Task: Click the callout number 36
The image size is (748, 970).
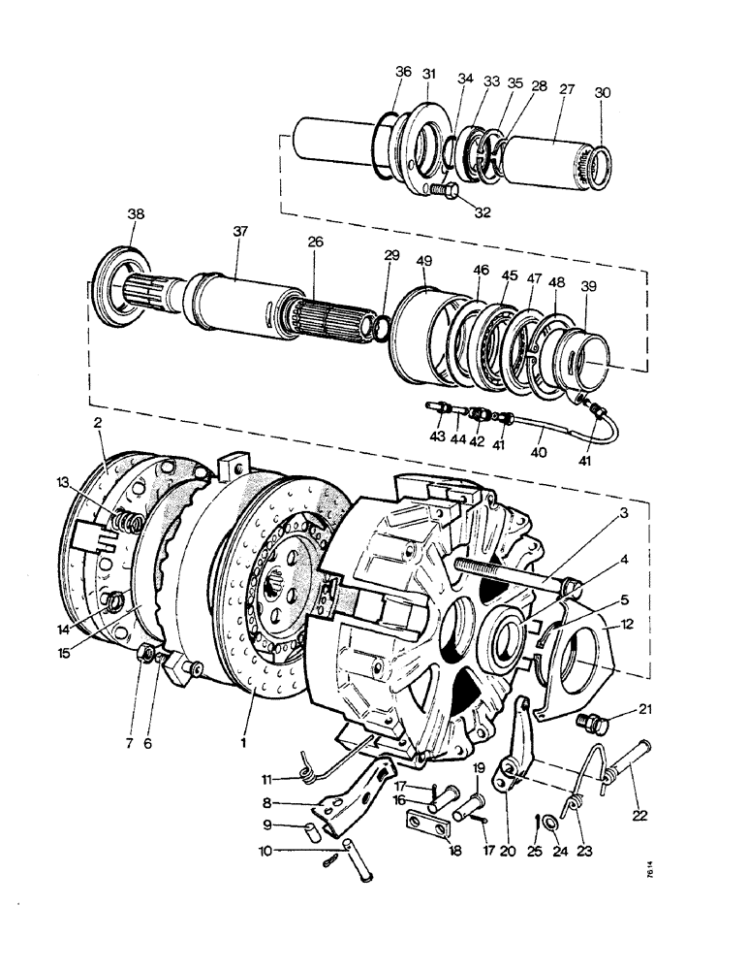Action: [403, 72]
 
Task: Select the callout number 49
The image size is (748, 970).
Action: [423, 260]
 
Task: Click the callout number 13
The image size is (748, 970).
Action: [63, 481]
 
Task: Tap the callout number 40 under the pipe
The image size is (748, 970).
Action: [540, 453]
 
